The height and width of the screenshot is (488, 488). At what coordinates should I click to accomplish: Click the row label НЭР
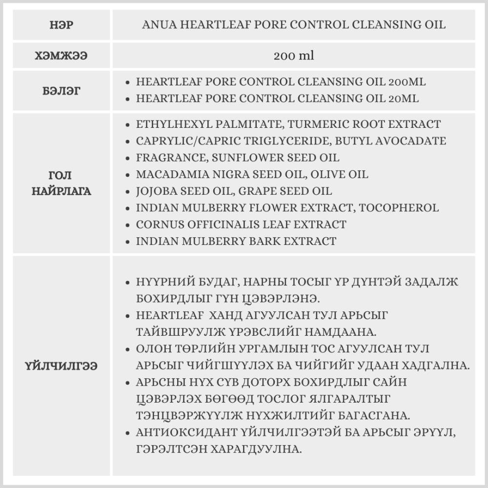62,25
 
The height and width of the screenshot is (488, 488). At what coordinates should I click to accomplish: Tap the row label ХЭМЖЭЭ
62,56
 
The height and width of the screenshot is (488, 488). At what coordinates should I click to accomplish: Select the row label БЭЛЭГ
62,90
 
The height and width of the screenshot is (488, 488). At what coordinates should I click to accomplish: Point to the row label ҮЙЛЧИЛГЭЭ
62,366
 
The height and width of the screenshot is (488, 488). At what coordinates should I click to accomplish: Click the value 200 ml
294,56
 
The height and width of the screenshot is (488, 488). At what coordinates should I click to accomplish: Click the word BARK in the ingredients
264,241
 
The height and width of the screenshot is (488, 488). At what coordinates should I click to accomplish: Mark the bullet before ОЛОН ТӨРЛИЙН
127,349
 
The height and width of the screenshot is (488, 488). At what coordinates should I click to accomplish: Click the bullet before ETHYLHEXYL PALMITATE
127,125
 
